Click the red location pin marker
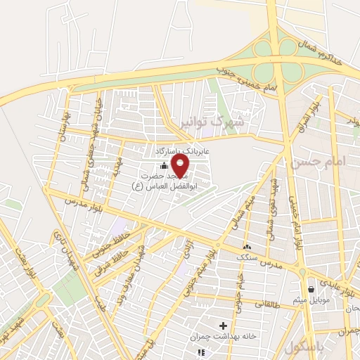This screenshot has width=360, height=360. (x=181, y=166)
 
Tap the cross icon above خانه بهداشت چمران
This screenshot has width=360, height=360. (x=224, y=326)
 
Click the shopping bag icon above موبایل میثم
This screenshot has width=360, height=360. (x=311, y=289)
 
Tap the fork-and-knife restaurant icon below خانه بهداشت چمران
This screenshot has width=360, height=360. (x=202, y=352)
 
